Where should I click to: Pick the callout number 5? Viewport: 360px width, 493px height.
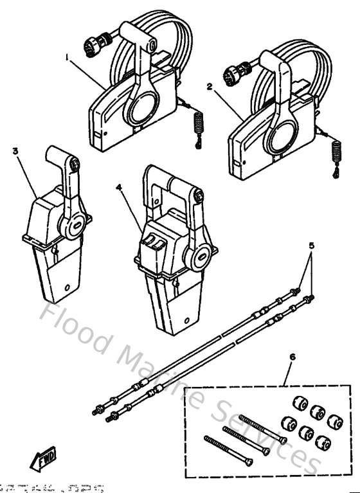[312, 245]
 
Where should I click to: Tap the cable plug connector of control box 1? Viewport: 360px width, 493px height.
[92, 44]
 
